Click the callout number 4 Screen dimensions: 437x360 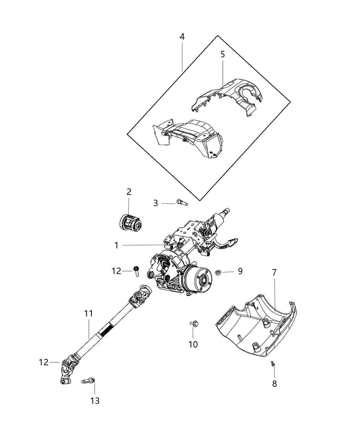coord(182,37)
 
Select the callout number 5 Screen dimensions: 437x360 coord(223,54)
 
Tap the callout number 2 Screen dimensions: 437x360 coord(129,192)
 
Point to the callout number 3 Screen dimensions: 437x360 coord(156,203)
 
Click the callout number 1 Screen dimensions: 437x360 coord(117,245)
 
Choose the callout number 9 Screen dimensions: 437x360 coord(240,271)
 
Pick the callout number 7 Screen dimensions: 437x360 coord(274,273)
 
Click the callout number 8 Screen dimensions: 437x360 coord(274,384)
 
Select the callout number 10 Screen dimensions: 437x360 coord(193,344)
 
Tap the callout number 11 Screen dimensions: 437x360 coord(89,313)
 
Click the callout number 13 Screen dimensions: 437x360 coord(95,400)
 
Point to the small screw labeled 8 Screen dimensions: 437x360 coord(273,373)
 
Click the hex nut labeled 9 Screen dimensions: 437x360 coord(217,272)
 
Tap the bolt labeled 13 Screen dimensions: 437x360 coord(88,380)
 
